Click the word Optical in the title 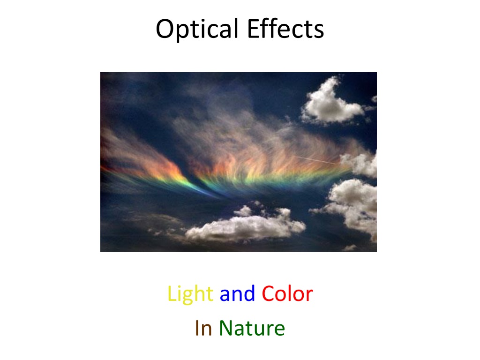[x=197, y=30]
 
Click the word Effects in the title [x=285, y=29]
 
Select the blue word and [x=237, y=293]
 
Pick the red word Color [x=287, y=293]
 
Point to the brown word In [x=203, y=328]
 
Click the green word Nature [x=252, y=328]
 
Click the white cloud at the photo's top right [x=333, y=102]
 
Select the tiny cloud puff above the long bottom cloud [x=243, y=211]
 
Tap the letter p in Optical [x=183, y=33]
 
